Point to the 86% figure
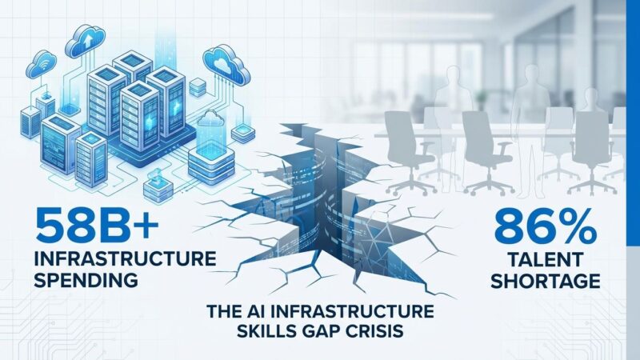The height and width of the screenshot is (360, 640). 546,228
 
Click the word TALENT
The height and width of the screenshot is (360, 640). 546,260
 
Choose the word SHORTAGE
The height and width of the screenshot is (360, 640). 546,281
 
